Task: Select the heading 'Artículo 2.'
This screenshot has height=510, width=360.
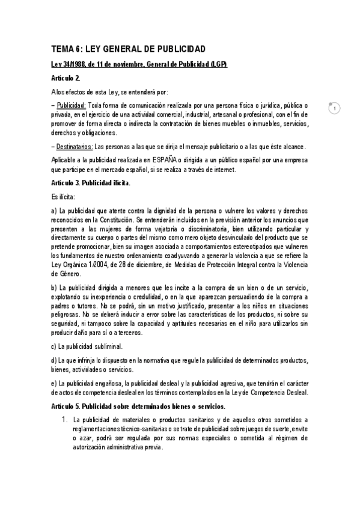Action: (x=66, y=78)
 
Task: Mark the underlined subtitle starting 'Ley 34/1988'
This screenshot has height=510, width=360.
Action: (x=139, y=64)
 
